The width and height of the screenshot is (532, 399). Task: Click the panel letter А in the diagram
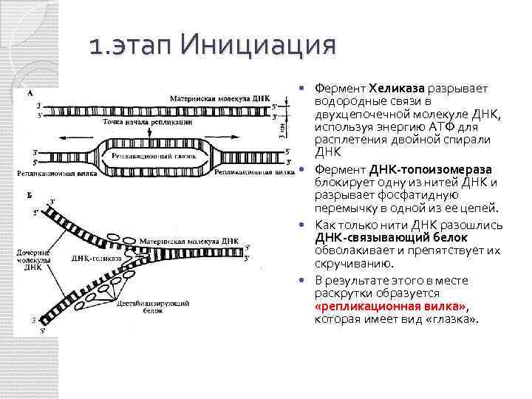click(x=29, y=93)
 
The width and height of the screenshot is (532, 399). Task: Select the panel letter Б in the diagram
click(x=28, y=193)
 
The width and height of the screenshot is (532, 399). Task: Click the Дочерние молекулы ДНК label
click(x=33, y=259)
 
